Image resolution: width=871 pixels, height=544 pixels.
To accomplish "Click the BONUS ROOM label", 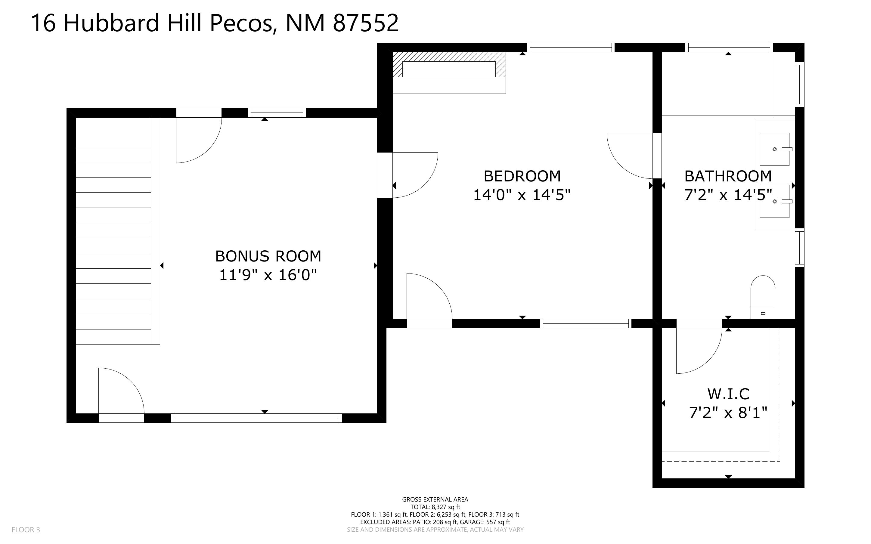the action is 268,256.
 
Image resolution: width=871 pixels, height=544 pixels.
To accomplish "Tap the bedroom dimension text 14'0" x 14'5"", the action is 522,195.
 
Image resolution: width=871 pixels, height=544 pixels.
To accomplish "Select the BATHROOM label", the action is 728,176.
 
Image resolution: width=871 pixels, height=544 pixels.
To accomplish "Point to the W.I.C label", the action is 728,394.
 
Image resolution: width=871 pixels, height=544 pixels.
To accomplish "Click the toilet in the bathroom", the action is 763,297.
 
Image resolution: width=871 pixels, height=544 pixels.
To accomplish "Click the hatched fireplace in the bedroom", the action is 449,65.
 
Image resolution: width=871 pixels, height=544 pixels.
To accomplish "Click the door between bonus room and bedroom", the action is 407,175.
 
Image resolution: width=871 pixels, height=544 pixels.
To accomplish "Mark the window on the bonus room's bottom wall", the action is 256,418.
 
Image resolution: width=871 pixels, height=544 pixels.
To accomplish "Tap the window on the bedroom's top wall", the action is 571,48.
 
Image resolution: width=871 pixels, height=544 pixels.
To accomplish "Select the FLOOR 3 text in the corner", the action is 26,530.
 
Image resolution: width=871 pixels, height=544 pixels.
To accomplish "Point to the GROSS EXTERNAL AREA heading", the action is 435,499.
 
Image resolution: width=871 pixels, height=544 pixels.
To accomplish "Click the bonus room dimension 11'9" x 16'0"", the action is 268,275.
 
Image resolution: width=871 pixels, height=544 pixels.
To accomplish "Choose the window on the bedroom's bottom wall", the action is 586,324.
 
